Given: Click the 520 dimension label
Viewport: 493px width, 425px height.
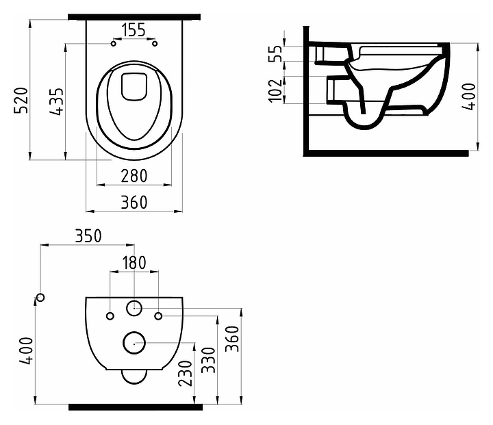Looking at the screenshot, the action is pos(21,101).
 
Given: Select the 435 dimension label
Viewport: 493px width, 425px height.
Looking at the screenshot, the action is pos(57,101).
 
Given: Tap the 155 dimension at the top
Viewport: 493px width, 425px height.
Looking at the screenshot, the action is pos(134,30).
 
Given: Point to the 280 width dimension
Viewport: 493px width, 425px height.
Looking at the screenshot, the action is pos(134,176).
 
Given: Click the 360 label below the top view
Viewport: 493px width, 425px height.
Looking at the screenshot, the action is pos(134,202).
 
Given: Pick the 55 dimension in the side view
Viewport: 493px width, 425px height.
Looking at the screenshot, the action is pos(275,54).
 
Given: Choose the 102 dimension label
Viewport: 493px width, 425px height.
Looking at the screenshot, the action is pos(275,90).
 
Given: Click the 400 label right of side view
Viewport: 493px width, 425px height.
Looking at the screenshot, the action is pos(469,96).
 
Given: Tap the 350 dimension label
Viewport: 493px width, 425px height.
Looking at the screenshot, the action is pos(88,236).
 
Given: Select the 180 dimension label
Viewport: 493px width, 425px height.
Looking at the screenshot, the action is pos(134,263).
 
